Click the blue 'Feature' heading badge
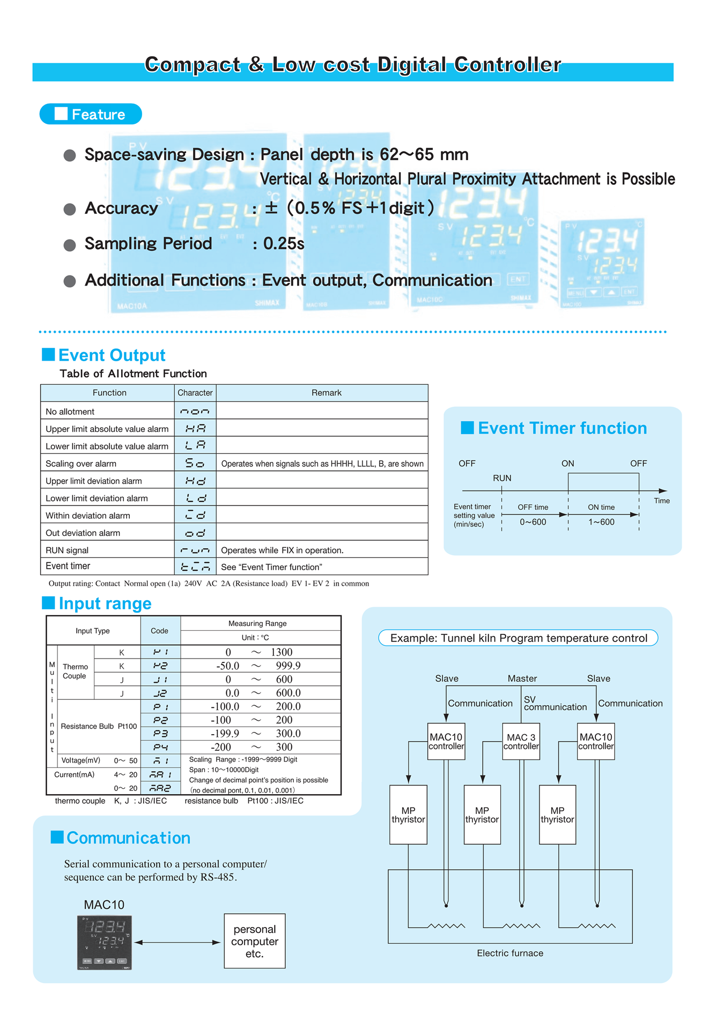(x=91, y=114)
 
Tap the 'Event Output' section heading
(x=111, y=355)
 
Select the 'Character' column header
(x=195, y=393)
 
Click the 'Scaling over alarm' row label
(x=81, y=464)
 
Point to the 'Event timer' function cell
(x=68, y=566)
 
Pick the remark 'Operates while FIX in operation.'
(x=282, y=550)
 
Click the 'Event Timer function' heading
(x=562, y=428)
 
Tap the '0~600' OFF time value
(x=533, y=522)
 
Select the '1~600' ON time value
(x=601, y=522)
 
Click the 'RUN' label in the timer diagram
(x=502, y=478)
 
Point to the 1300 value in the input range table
(x=282, y=652)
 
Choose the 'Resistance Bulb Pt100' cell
(x=99, y=726)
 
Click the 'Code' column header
(x=159, y=631)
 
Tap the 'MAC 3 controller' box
(x=521, y=741)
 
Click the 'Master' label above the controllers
(x=522, y=678)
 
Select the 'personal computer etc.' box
(x=254, y=941)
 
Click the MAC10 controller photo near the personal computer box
(x=105, y=942)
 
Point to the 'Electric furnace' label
(x=510, y=953)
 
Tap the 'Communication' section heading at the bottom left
(x=128, y=838)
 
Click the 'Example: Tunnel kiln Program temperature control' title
(x=518, y=638)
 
